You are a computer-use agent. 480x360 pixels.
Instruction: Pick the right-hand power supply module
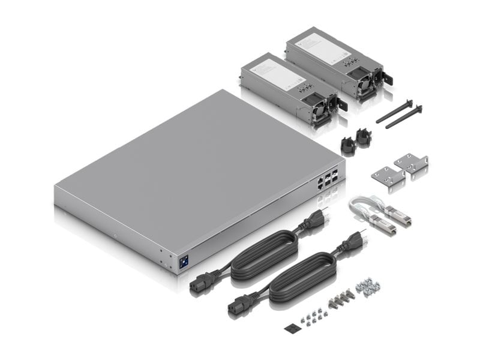(336, 62)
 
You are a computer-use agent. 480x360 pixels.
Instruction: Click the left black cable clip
(347, 145)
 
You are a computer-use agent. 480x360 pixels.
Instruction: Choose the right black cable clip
(364, 137)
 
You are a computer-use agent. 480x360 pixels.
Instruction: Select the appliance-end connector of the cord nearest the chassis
(203, 283)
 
